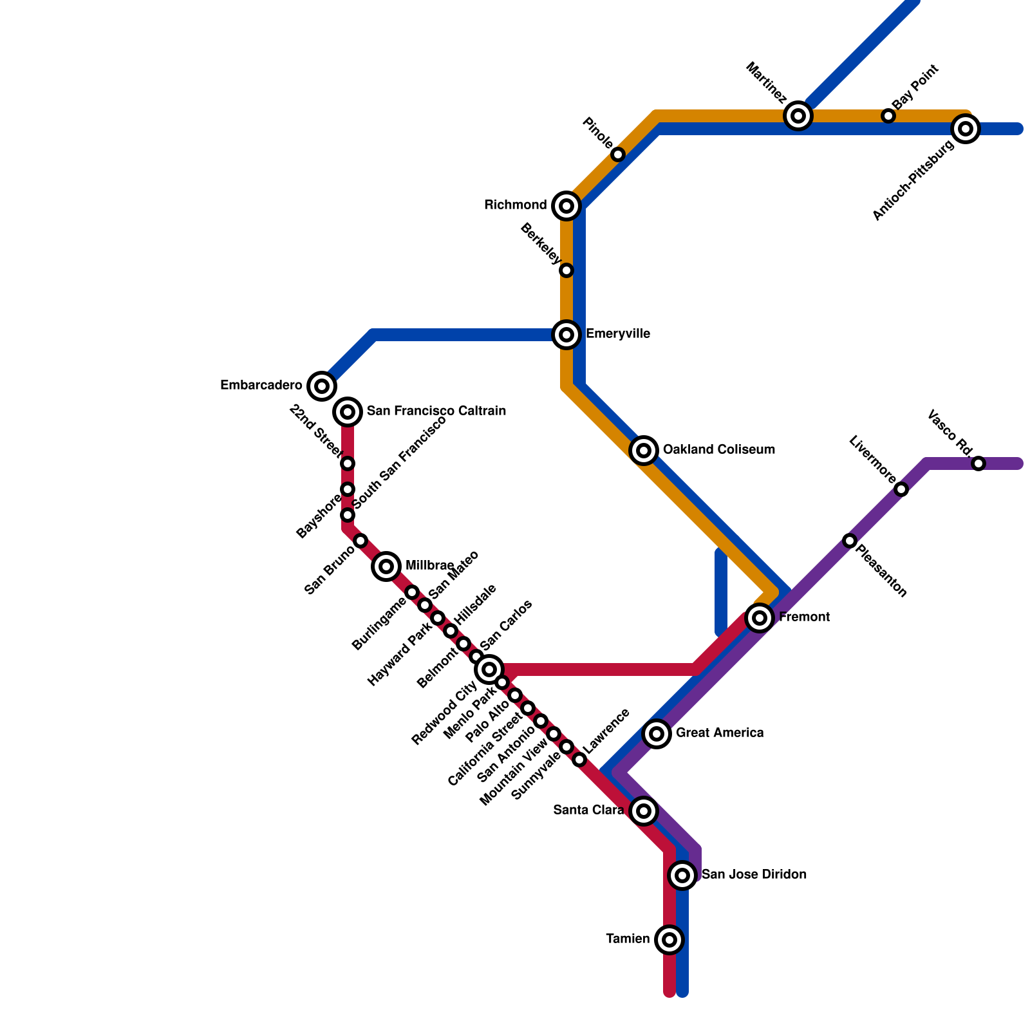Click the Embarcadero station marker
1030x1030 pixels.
(x=322, y=386)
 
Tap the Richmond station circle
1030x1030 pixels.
(x=566, y=206)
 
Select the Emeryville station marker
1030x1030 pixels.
(x=566, y=335)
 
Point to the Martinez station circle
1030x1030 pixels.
(x=798, y=116)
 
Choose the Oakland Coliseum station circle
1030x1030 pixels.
(x=644, y=451)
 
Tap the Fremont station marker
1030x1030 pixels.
(x=760, y=618)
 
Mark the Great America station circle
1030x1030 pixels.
(x=657, y=733)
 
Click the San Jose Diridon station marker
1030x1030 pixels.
(x=682, y=875)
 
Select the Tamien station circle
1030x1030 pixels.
(x=669, y=940)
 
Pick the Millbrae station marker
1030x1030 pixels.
(x=386, y=566)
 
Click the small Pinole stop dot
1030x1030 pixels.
(x=618, y=154)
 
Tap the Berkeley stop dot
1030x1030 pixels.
(x=566, y=270)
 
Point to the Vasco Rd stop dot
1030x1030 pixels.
(x=979, y=464)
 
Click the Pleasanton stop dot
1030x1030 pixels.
(x=850, y=541)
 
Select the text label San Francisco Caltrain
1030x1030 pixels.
(x=436, y=411)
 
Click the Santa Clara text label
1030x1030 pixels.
(x=588, y=810)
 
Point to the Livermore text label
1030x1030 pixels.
(x=872, y=460)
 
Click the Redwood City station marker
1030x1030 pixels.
(x=489, y=669)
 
